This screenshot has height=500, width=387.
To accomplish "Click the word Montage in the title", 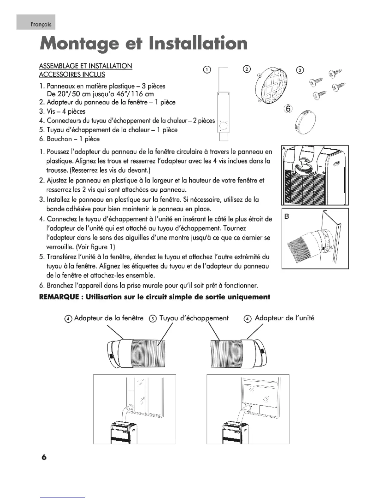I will click(77, 44).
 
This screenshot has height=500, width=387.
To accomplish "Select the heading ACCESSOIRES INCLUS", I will click(72, 75).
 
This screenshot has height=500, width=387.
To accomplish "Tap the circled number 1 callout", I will click(206, 70).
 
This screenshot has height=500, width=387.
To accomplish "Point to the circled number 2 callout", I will click(247, 69).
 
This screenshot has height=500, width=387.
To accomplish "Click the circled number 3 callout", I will click(300, 70).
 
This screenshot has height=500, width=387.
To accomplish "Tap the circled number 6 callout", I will click(288, 108).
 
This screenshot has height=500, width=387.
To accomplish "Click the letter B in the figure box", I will click(287, 217).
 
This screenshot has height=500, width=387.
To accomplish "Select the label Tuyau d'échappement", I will click(193, 318).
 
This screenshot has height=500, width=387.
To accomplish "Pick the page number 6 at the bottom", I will click(44, 457).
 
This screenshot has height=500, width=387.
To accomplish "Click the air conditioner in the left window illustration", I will click(124, 432).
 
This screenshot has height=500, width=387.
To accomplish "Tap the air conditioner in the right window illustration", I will click(235, 432).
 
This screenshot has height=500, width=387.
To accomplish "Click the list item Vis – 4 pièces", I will click(66, 111).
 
